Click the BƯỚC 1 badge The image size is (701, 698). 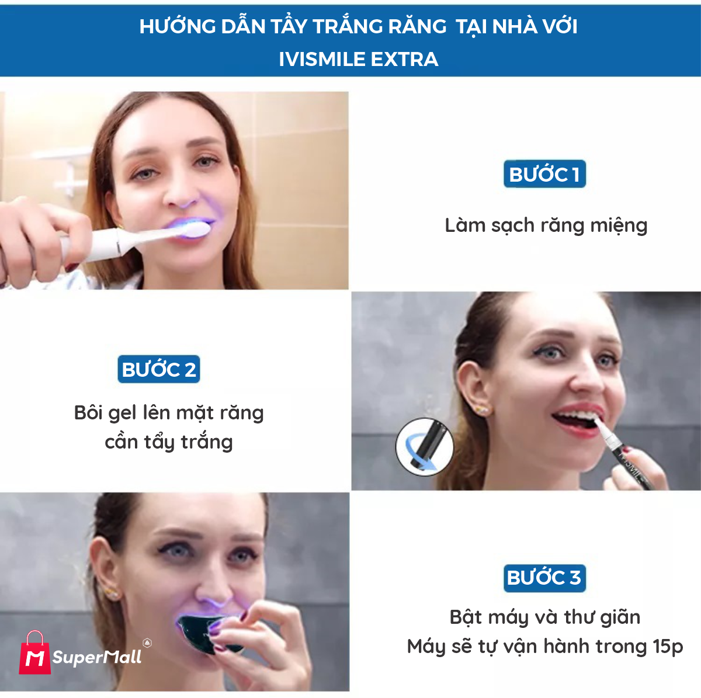[x=544, y=174]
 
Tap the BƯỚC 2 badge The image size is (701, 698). [x=159, y=370]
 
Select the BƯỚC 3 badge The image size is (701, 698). [x=544, y=578]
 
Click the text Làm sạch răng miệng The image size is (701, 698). [x=546, y=225]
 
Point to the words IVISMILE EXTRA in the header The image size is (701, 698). [x=358, y=59]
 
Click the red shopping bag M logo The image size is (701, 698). [x=34, y=654]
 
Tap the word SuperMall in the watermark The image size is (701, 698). [x=97, y=657]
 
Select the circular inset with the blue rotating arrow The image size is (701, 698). [x=425, y=446]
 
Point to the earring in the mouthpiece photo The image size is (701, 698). [x=113, y=594]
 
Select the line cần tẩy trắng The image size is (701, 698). [x=169, y=442]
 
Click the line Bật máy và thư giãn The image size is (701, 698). [x=544, y=617]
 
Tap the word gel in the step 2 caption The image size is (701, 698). [x=123, y=413]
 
